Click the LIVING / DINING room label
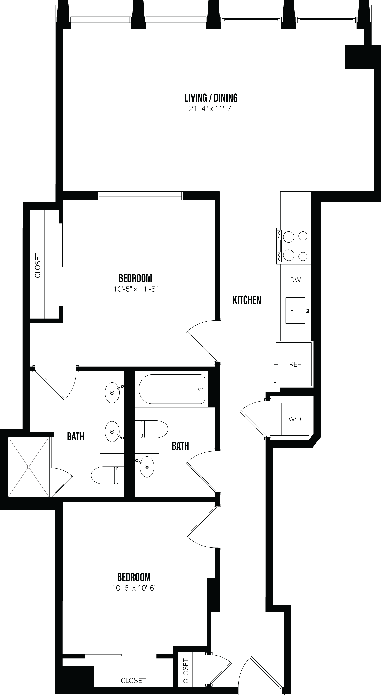(x=211, y=98)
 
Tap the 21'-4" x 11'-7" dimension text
(x=211, y=109)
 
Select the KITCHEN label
(x=247, y=300)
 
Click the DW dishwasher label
(x=295, y=280)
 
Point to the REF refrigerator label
(x=295, y=365)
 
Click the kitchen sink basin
(x=295, y=310)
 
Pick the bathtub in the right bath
(x=172, y=389)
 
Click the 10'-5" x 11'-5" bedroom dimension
(x=135, y=289)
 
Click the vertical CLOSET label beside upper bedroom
(x=38, y=265)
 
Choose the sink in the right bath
(x=147, y=467)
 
